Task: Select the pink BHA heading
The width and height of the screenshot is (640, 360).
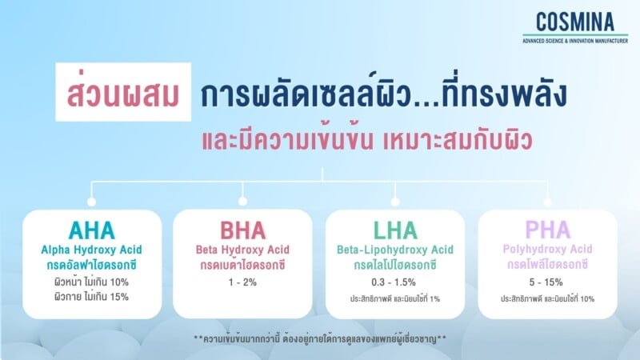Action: pyautogui.click(x=242, y=230)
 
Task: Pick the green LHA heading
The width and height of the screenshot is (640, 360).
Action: pyautogui.click(x=395, y=230)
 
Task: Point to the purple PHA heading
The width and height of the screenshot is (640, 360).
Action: pyautogui.click(x=547, y=230)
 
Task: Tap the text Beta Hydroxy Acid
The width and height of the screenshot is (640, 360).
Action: pyautogui.click(x=242, y=249)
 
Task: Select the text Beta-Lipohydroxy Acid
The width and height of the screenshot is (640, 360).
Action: pyautogui.click(x=395, y=249)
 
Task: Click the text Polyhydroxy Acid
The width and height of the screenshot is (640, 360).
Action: pyautogui.click(x=547, y=249)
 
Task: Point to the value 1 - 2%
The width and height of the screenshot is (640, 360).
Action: pyautogui.click(x=242, y=282)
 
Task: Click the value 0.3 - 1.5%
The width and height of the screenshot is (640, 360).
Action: pyautogui.click(x=395, y=282)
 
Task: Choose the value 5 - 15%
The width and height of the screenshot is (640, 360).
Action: pyautogui.click(x=547, y=282)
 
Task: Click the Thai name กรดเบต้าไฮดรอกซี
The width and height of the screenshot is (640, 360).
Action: pyautogui.click(x=242, y=264)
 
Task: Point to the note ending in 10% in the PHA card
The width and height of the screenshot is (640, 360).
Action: pyautogui.click(x=547, y=298)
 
